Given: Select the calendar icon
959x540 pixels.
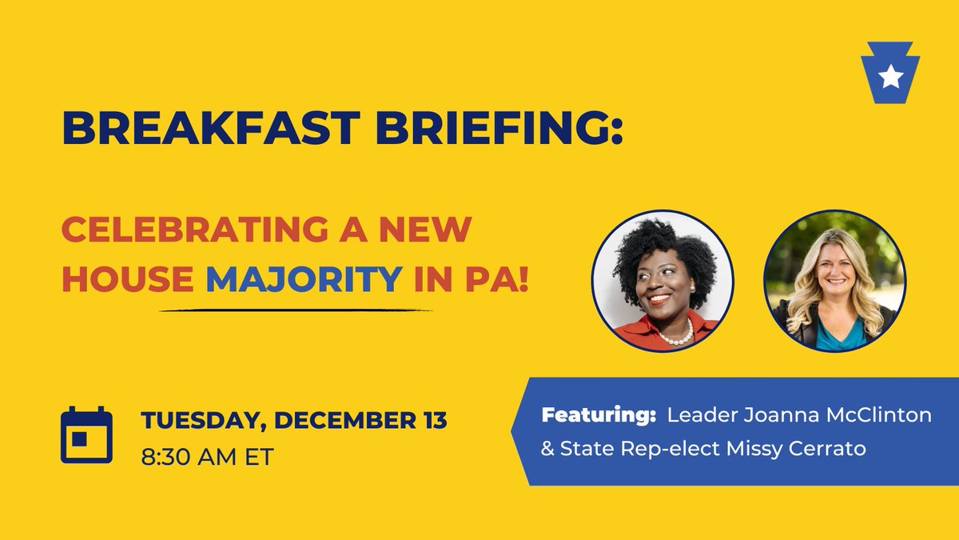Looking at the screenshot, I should (x=86, y=435).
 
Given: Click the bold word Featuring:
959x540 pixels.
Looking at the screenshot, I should (x=599, y=415).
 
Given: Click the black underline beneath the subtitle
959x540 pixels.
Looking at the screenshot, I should (x=296, y=310).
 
